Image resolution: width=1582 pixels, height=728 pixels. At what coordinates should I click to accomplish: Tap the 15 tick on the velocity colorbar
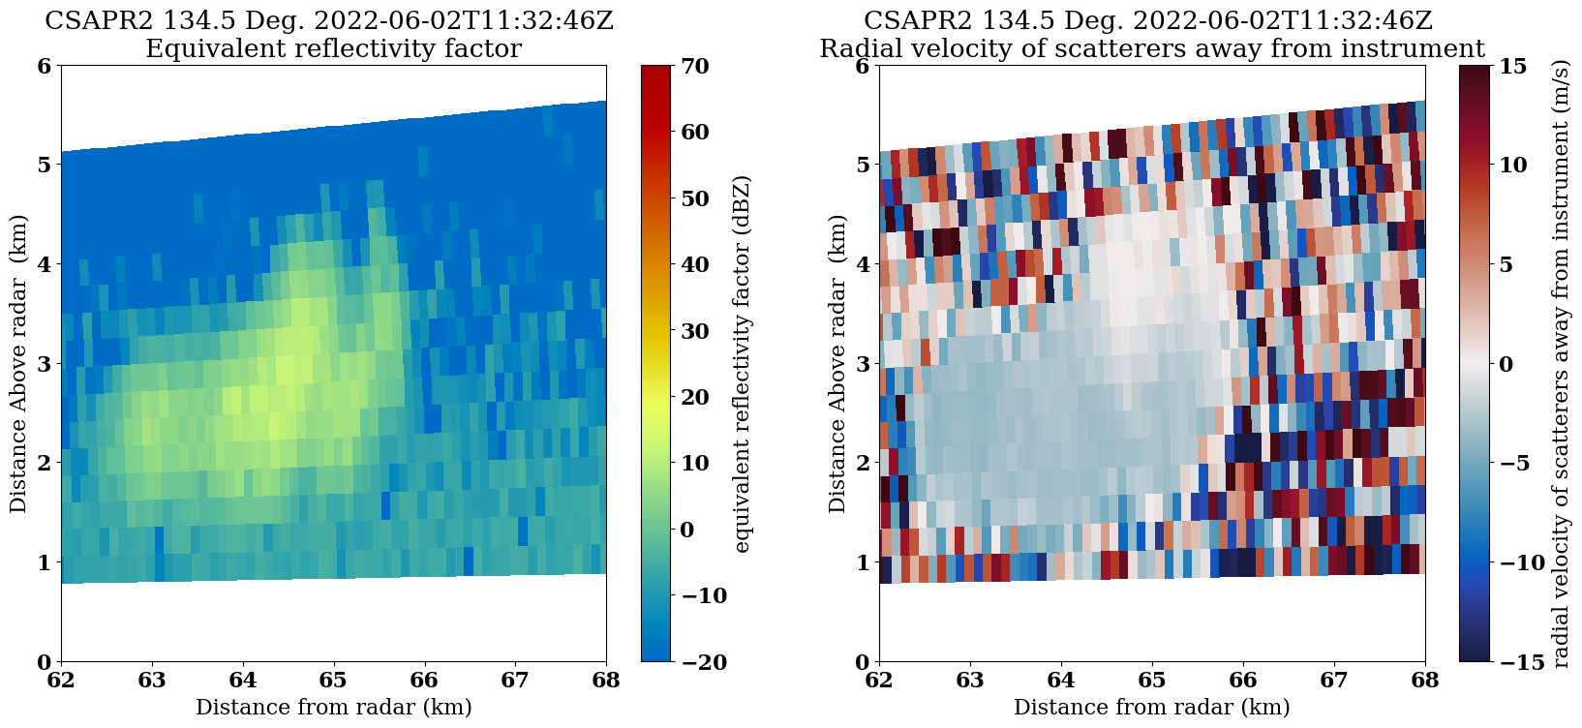click(x=1512, y=66)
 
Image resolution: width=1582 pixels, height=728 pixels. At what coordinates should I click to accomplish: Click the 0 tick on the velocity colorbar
click(x=1506, y=364)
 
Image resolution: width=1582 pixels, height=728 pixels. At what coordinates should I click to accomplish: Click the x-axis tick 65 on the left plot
click(x=333, y=680)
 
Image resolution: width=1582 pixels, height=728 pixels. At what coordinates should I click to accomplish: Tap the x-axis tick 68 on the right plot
click(x=1425, y=680)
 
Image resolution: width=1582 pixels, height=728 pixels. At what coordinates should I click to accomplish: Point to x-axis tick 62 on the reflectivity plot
click(x=61, y=680)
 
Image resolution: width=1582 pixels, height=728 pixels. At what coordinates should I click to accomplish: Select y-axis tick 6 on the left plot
click(x=43, y=66)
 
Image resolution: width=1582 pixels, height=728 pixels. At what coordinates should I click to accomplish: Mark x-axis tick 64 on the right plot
click(x=1061, y=680)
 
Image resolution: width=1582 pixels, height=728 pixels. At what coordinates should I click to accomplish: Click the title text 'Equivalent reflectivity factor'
click(x=333, y=48)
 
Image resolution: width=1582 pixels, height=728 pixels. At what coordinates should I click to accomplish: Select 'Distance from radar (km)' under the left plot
click(x=333, y=708)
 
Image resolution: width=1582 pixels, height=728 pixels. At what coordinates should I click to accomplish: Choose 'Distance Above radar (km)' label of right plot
click(x=837, y=364)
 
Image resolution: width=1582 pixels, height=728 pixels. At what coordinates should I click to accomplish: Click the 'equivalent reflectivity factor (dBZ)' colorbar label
click(x=742, y=364)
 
